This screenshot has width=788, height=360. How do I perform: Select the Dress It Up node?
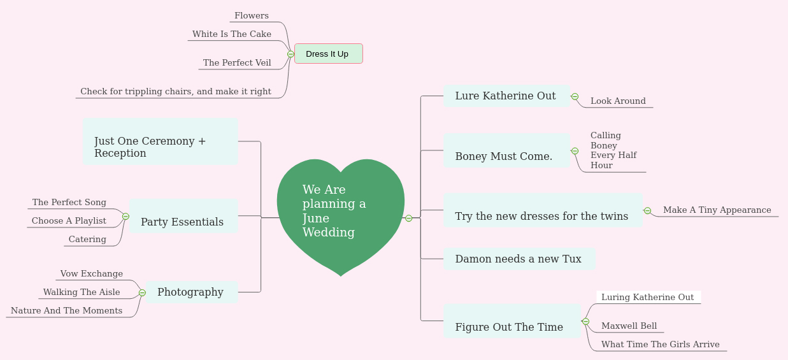click(x=328, y=54)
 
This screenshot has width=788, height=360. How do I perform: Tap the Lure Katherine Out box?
click(x=506, y=96)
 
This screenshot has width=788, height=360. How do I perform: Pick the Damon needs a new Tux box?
click(x=519, y=259)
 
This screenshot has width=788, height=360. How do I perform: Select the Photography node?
click(x=190, y=292)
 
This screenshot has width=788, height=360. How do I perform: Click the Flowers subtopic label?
click(x=252, y=16)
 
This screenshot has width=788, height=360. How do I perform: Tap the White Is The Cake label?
click(x=232, y=34)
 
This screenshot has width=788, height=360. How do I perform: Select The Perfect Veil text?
click(x=237, y=63)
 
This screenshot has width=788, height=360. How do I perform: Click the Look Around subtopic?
click(x=618, y=101)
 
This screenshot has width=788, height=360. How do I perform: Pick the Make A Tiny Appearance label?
click(x=717, y=210)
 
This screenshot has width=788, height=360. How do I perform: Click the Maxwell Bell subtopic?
click(x=629, y=326)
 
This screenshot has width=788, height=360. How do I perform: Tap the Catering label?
click(x=87, y=240)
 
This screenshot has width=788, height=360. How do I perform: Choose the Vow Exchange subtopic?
click(x=92, y=274)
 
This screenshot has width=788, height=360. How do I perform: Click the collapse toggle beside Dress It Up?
click(x=290, y=54)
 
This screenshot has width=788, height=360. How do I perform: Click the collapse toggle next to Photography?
click(x=142, y=293)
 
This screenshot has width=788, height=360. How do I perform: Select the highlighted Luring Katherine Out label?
click(x=648, y=298)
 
